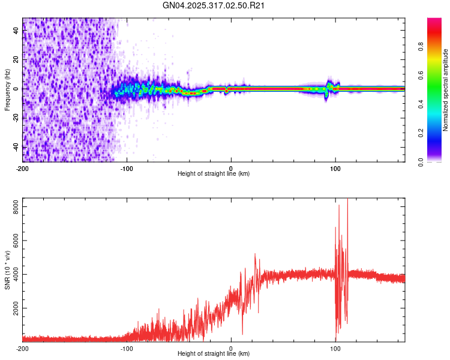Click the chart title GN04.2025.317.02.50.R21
(x=214, y=5)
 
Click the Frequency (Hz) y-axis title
(x=7, y=89)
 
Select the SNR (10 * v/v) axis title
(x=7, y=269)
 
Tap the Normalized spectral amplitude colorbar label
(x=446, y=90)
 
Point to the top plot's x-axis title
(x=214, y=173)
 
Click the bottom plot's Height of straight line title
(x=214, y=354)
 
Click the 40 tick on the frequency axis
(x=16, y=31)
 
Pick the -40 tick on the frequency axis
(x=15, y=147)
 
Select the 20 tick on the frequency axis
(x=16, y=60)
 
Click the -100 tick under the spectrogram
(x=126, y=167)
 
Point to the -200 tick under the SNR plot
(x=22, y=348)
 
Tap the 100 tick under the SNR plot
(x=335, y=348)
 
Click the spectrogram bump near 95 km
(x=329, y=84)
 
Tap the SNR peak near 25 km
(x=256, y=254)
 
